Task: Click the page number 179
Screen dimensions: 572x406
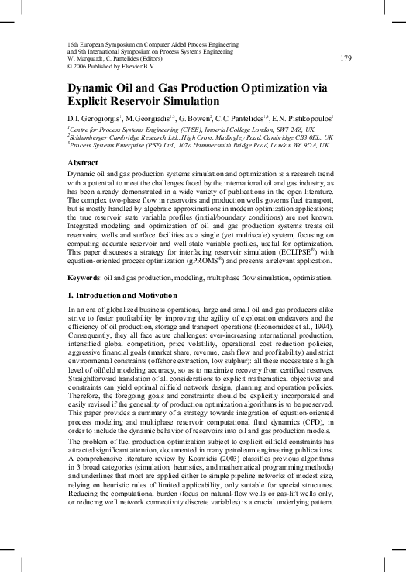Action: [346, 57]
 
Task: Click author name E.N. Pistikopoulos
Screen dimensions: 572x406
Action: [300, 117]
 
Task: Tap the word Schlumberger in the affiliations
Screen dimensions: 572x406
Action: [94, 137]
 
